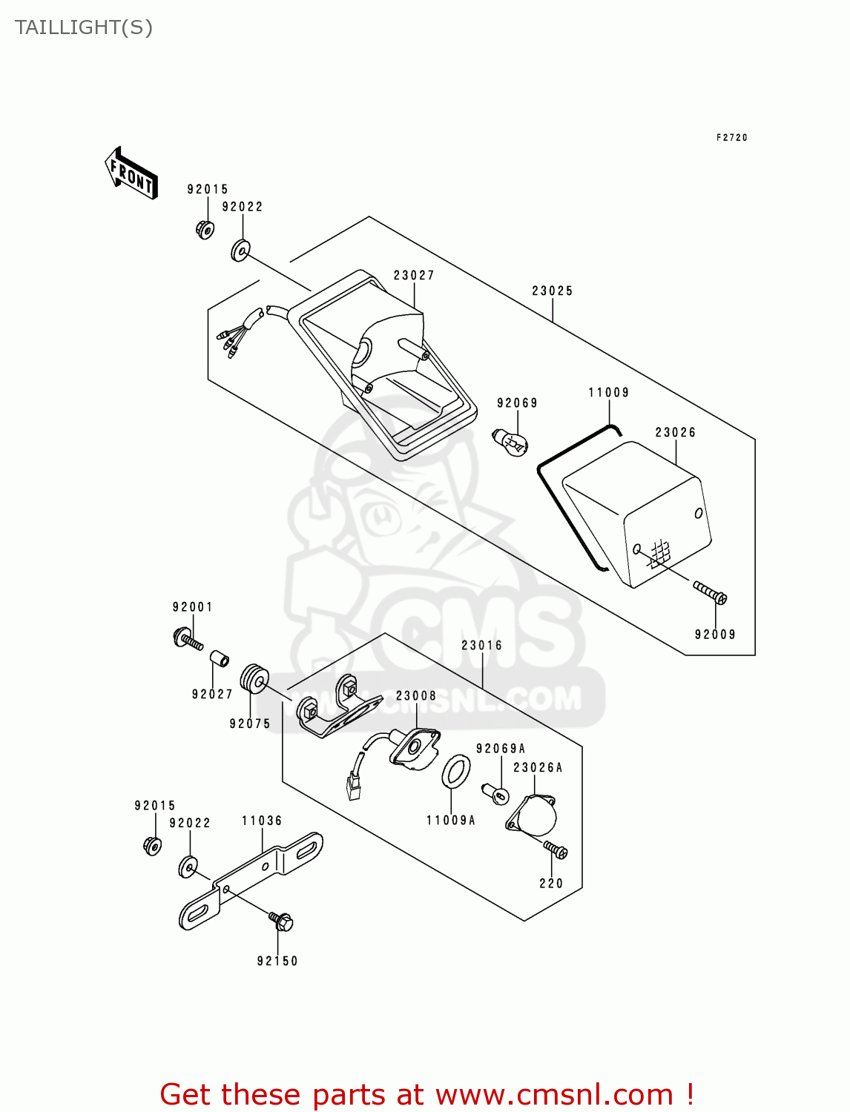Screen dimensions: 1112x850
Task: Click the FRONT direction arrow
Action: (x=132, y=173)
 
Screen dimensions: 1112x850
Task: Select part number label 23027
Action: (x=414, y=276)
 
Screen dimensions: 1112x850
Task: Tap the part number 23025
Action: (x=553, y=291)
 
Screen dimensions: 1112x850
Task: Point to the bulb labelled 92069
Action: (x=511, y=442)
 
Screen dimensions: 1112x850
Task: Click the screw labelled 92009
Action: (x=711, y=593)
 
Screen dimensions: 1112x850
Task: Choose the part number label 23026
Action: (x=676, y=433)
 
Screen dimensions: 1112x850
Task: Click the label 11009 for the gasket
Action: (x=609, y=393)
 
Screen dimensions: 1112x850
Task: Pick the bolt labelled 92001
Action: (x=188, y=639)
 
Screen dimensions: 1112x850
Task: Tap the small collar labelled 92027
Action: (x=218, y=658)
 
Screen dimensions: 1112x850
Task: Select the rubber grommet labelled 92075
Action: (x=254, y=679)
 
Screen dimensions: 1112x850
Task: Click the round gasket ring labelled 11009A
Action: (x=456, y=772)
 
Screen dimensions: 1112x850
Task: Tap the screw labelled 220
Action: (x=556, y=850)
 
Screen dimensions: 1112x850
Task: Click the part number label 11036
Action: (x=262, y=821)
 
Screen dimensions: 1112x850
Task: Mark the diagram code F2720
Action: (x=732, y=138)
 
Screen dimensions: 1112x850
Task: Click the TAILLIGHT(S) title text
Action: (x=84, y=28)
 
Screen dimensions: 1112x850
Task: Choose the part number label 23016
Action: (x=482, y=646)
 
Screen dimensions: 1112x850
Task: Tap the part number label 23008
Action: (x=416, y=696)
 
